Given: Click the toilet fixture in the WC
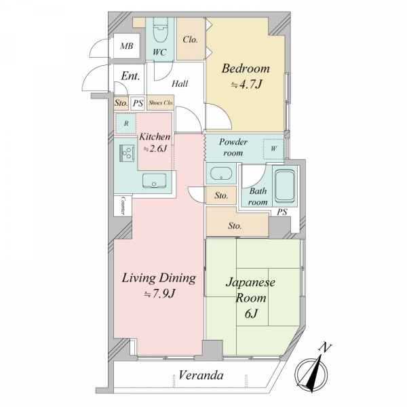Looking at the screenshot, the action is [x=160, y=30].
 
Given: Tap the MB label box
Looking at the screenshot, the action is [x=127, y=46].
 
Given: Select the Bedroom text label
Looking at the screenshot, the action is [x=246, y=69].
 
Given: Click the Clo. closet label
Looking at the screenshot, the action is [x=190, y=39].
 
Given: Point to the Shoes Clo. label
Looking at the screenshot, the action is [x=161, y=103].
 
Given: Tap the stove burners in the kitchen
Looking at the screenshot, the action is [x=127, y=153].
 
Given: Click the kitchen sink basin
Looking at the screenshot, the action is [x=154, y=180].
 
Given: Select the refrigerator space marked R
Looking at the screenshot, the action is [x=126, y=123].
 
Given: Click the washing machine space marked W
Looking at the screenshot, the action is [x=273, y=149].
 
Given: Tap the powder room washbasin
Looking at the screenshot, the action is [x=221, y=173].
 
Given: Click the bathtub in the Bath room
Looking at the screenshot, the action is [x=285, y=186].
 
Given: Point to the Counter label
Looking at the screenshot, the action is [x=123, y=206].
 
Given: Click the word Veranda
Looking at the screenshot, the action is [x=201, y=375].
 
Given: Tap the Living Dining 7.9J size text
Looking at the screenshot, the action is [x=160, y=294].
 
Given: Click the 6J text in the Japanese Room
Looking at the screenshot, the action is [x=251, y=314].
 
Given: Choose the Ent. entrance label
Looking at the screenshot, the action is [x=130, y=76].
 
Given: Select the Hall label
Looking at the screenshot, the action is [x=180, y=83].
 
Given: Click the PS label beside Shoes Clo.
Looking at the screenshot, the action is [x=138, y=103].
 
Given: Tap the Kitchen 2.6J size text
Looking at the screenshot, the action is [x=155, y=149].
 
